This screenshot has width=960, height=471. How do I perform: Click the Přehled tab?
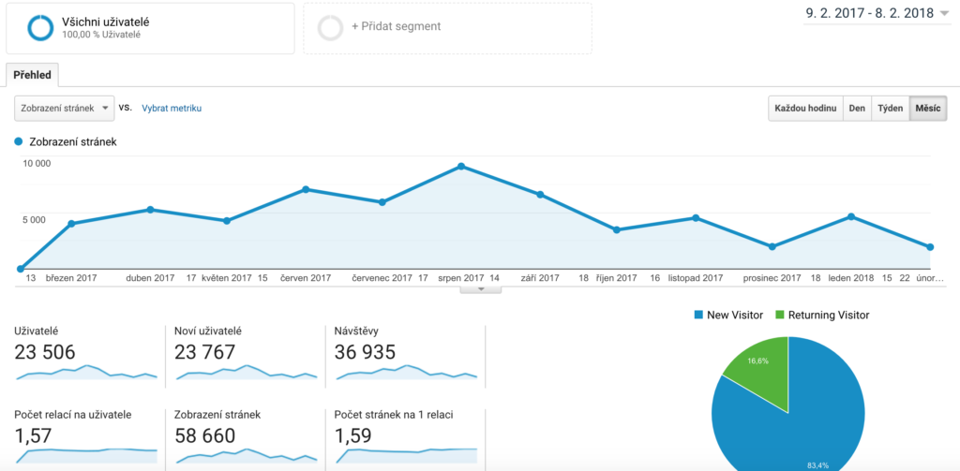point(32,75)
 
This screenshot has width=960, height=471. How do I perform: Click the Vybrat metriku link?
point(172,108)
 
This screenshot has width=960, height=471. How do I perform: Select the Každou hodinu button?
point(805,109)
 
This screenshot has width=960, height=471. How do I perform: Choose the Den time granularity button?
point(857,109)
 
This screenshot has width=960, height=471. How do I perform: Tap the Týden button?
point(890,109)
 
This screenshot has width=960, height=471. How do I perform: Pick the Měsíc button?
point(927,109)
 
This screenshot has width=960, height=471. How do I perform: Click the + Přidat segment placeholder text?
point(396,26)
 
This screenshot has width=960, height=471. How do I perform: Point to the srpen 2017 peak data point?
point(461,166)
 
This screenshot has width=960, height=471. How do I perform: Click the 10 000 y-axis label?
point(37,163)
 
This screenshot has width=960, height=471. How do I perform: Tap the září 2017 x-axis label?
point(540,278)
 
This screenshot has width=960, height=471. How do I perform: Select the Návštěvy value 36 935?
point(365,352)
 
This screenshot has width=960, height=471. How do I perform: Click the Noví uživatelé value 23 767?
point(205,352)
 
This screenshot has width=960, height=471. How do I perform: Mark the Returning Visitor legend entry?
point(821,315)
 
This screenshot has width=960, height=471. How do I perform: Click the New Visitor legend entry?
point(728,315)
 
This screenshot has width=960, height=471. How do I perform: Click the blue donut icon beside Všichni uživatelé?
point(40,27)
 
